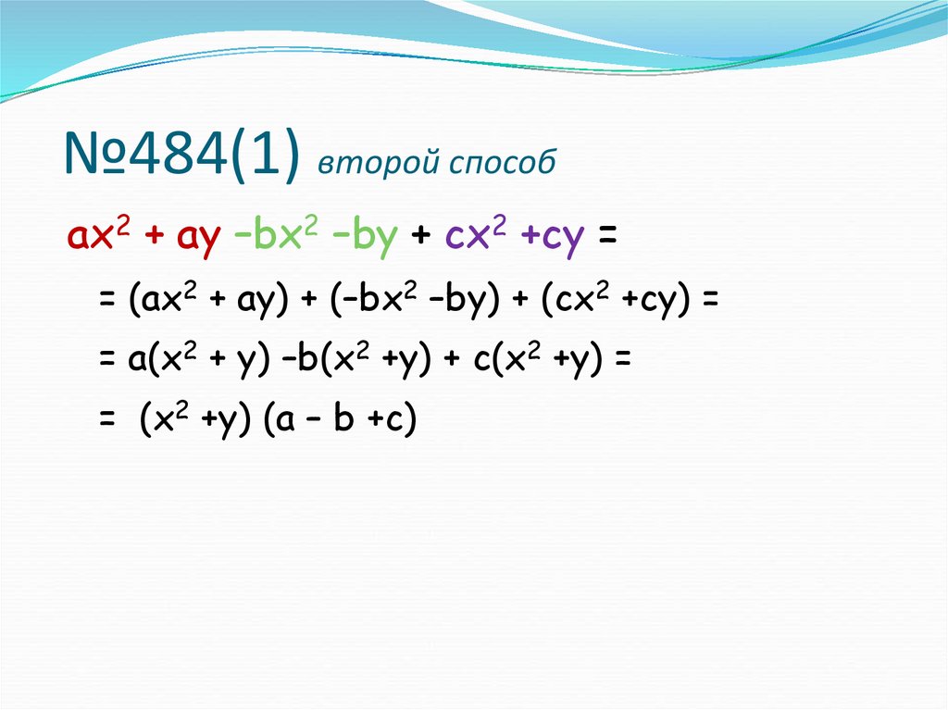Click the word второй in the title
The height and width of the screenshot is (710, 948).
tap(364, 162)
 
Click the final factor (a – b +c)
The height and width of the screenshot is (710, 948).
tap(340, 422)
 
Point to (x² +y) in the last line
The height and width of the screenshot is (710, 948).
tap(195, 422)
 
